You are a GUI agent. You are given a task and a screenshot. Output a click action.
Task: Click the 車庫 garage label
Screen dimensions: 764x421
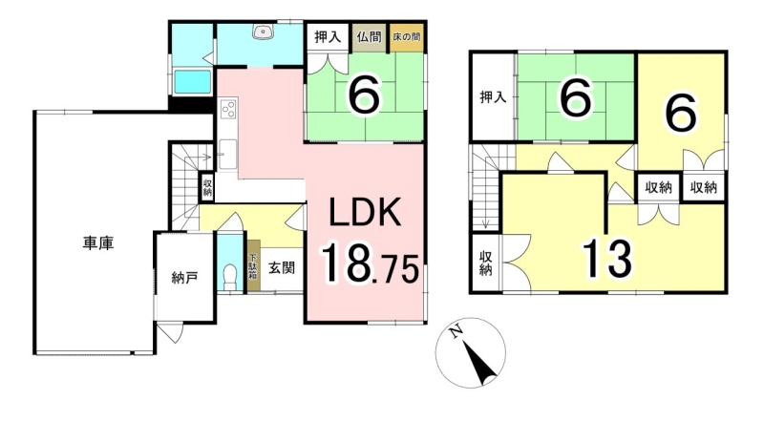click(98, 243)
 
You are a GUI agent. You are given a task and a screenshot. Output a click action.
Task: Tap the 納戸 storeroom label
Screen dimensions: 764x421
click(184, 278)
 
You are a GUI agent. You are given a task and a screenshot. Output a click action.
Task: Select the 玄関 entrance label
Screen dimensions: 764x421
click(282, 267)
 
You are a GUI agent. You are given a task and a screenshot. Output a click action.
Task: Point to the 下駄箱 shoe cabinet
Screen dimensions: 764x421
click(253, 266)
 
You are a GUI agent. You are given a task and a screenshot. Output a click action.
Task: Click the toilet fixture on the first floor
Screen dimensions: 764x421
click(228, 276)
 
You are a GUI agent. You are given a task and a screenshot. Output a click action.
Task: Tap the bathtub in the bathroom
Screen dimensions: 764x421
click(193, 81)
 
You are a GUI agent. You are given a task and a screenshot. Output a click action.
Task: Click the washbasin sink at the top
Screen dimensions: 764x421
click(264, 32)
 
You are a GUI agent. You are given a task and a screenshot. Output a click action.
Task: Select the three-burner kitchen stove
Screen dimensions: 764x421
click(228, 108)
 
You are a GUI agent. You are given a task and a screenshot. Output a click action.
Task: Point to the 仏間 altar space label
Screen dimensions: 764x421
click(369, 37)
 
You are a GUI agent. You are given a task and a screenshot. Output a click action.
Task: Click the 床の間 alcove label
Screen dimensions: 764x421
click(408, 37)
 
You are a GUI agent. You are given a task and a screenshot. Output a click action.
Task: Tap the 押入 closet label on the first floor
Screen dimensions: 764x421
click(327, 37)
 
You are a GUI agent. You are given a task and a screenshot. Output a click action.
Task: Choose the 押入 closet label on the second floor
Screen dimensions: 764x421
click(493, 97)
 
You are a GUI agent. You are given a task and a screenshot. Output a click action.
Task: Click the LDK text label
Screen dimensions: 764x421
click(366, 213)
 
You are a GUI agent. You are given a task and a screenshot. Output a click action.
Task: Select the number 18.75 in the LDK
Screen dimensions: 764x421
click(370, 263)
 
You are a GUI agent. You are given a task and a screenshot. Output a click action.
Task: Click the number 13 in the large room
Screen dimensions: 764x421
click(607, 259)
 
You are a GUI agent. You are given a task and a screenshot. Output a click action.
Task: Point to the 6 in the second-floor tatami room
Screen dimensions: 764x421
click(576, 97)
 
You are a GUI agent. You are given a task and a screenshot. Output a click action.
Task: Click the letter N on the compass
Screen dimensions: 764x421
click(456, 332)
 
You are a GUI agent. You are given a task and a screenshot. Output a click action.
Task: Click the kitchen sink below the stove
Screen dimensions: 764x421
click(227, 154)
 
